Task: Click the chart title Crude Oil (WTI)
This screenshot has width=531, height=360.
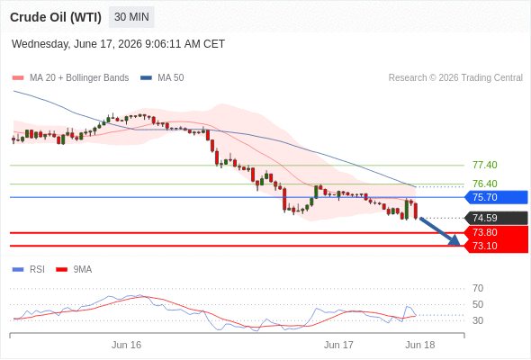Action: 56,17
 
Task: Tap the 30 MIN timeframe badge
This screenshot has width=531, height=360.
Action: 131,17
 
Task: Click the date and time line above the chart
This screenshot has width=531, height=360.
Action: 118,44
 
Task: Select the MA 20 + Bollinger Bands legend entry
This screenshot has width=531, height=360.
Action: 70,78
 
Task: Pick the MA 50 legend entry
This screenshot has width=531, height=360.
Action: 162,78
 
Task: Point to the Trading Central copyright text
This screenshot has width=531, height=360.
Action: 455,78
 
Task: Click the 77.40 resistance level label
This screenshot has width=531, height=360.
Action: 485,165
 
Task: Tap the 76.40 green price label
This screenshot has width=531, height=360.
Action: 485,184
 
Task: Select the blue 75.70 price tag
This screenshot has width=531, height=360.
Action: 496,197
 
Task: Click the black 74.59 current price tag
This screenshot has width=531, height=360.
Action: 496,218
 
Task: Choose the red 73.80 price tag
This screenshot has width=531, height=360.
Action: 496,233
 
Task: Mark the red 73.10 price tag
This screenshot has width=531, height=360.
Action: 496,246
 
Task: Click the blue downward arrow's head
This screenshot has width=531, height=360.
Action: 455,241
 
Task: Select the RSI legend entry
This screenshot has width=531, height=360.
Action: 29,270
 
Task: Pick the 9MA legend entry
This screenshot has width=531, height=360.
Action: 74,270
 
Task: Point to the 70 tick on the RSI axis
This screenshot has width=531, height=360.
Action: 478,288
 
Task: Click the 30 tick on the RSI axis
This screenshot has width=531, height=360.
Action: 478,320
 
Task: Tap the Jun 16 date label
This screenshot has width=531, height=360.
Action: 126,345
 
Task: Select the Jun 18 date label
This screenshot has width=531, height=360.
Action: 420,345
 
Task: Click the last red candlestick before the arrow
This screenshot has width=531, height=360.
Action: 416,211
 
